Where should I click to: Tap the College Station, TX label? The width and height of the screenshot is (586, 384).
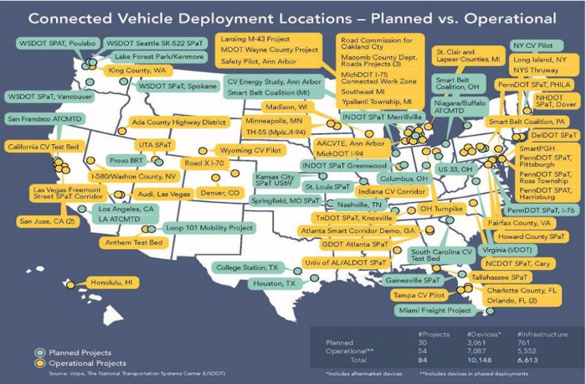pyautogui.click(x=246, y=267)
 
